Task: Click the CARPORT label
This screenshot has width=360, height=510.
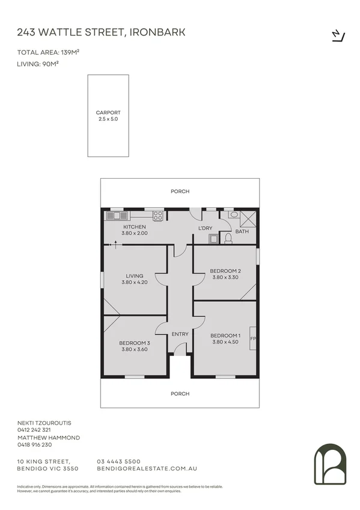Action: (108, 112)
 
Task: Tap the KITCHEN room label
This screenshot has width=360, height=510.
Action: (135, 226)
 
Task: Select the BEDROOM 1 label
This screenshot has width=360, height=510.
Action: (225, 336)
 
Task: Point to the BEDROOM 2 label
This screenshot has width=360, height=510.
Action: (225, 271)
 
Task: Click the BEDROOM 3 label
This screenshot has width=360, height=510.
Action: (135, 343)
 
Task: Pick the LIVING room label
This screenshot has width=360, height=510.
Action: (135, 276)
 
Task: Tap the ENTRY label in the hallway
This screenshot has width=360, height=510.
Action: (180, 334)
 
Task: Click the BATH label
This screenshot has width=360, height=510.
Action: (242, 232)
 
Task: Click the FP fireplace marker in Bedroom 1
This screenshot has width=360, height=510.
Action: (253, 339)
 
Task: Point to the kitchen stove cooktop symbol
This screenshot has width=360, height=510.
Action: (158, 214)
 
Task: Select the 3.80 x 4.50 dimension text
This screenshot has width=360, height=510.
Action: (225, 342)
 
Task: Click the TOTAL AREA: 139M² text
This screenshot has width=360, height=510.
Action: (49, 52)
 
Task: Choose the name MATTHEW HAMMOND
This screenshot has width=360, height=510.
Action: (49, 438)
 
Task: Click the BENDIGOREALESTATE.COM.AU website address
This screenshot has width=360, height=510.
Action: (147, 468)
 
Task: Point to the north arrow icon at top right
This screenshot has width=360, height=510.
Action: (338, 35)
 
